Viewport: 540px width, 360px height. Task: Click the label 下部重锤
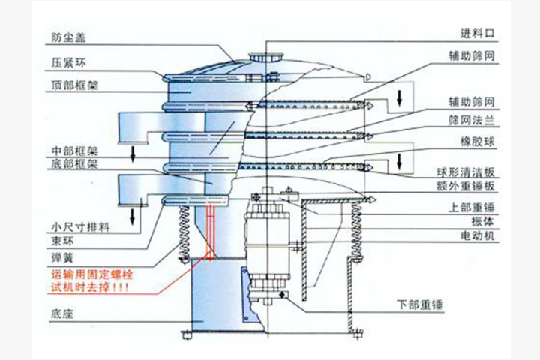click(x=418, y=305)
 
